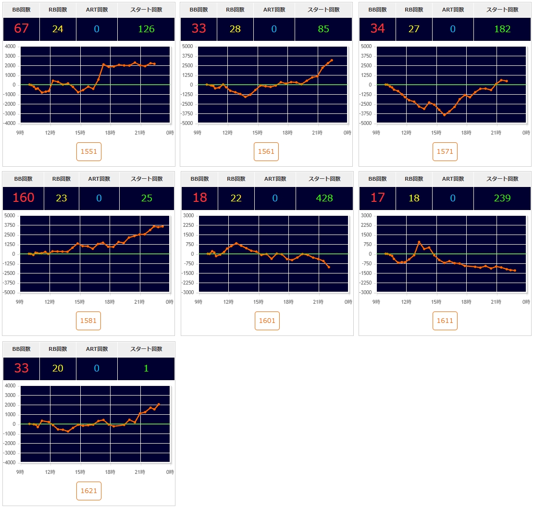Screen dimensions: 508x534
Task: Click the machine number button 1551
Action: tap(89, 151)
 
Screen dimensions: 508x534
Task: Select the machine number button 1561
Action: tap(266, 151)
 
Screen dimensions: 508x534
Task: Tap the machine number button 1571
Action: tap(445, 151)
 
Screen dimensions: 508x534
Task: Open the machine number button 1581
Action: tap(88, 321)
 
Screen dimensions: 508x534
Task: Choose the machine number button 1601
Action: tap(267, 321)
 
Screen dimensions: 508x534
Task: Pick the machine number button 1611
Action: tap(445, 321)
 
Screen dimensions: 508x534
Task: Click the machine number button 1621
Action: tap(88, 491)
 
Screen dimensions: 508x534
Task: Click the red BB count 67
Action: tap(21, 29)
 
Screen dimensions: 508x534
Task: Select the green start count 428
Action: tap(324, 198)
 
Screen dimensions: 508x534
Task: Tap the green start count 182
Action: tap(502, 29)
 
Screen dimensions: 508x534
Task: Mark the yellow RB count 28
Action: tap(235, 29)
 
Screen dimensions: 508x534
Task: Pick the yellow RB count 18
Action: tap(414, 198)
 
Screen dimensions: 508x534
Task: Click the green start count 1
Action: tap(146, 368)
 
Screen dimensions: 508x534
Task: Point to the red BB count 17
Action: tap(377, 198)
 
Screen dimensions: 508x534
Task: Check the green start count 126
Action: tap(146, 29)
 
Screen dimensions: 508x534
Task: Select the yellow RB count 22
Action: tap(236, 198)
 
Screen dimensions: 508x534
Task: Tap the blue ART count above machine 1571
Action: tap(452, 29)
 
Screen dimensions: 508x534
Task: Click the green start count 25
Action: tap(147, 198)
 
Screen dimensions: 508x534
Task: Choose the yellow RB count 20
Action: tap(58, 368)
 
